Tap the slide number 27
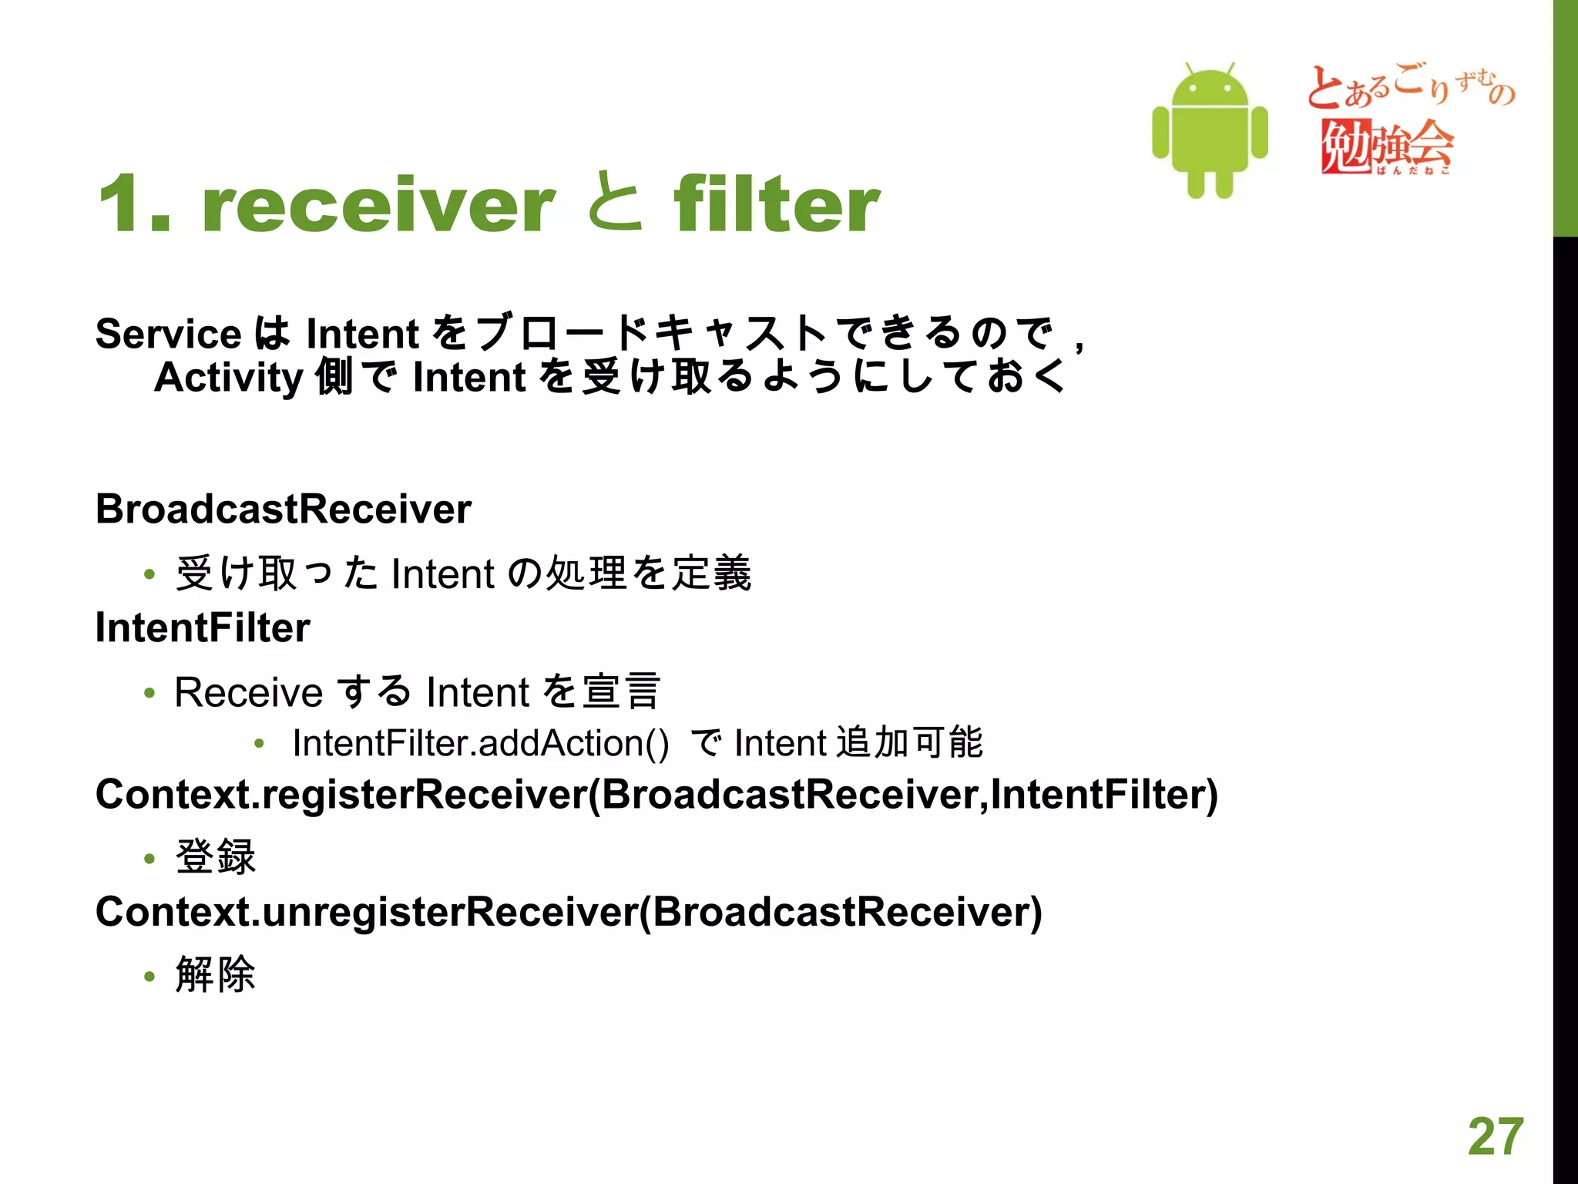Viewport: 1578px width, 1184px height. [1496, 1136]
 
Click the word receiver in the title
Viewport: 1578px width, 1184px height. [378, 204]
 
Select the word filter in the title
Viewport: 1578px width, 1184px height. [776, 204]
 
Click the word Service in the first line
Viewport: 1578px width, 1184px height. [169, 334]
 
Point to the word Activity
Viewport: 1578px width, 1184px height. [229, 378]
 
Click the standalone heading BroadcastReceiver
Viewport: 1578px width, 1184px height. [284, 509]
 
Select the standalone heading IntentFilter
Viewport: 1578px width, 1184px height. [203, 627]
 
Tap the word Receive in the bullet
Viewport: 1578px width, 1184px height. [248, 691]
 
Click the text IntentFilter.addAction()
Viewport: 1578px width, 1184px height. [481, 743]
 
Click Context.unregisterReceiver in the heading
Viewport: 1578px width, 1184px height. [366, 912]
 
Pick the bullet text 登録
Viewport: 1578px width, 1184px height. [216, 856]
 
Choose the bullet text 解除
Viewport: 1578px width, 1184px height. [216, 974]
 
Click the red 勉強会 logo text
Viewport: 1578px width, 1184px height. [1387, 145]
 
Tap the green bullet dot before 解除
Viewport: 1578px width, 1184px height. [149, 977]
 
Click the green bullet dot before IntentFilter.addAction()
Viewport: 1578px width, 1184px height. [260, 744]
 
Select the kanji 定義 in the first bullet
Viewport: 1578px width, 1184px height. [712, 573]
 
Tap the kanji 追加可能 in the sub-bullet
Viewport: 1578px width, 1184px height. [909, 742]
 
